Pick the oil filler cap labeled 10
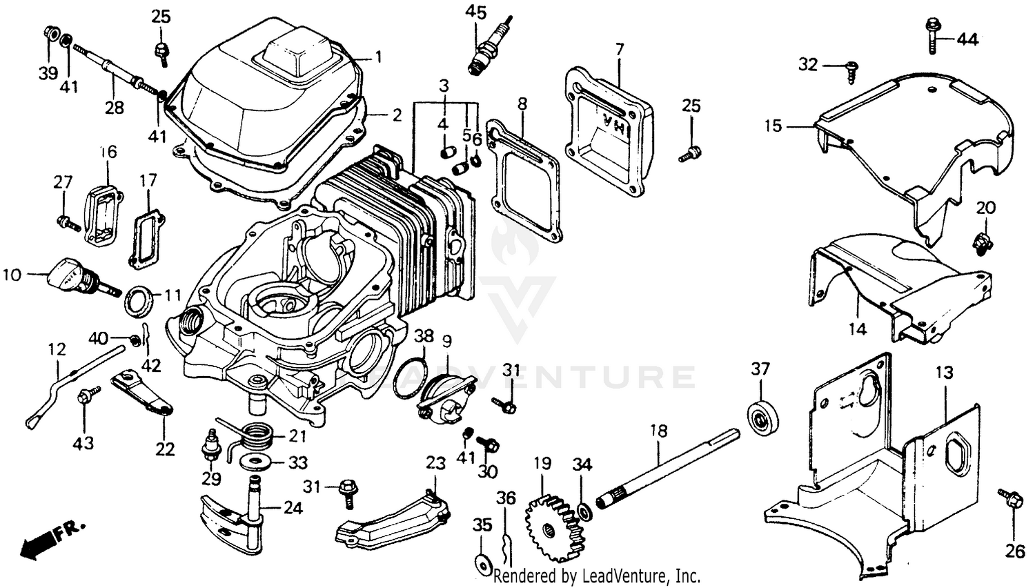(69, 273)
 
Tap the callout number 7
(619, 49)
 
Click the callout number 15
(773, 126)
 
